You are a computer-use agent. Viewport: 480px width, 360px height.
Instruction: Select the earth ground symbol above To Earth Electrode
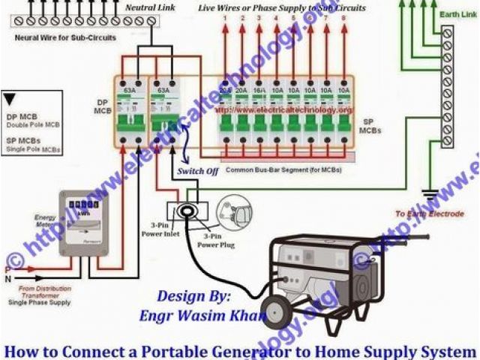pos(430,196)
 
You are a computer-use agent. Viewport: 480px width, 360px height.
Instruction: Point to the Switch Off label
pos(197,171)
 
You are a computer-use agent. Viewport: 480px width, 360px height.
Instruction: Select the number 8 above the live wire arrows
pos(344,17)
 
